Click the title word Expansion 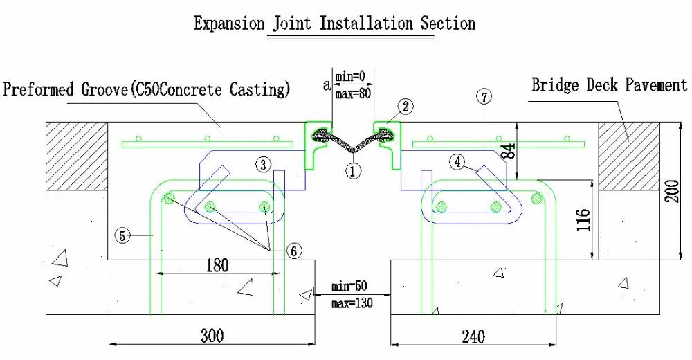[227, 24]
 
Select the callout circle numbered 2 [406, 106]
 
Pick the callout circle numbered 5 [122, 235]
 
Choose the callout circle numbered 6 [294, 251]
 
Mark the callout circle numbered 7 [484, 98]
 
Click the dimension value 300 [212, 336]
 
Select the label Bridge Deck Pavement [610, 85]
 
